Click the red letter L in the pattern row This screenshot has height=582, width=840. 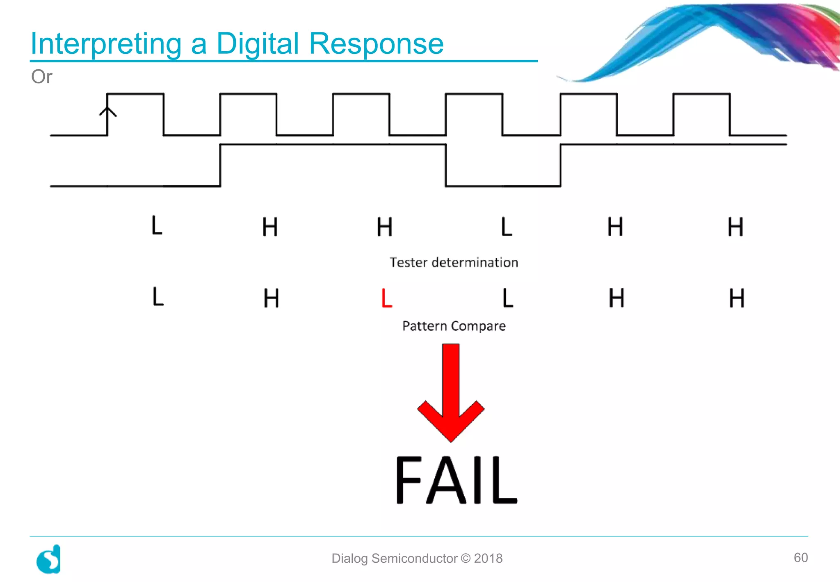click(x=386, y=298)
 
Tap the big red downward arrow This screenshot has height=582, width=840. click(x=451, y=394)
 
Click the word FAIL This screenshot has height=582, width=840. click(x=456, y=480)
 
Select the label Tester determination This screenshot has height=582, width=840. click(x=454, y=262)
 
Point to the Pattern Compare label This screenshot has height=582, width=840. click(x=454, y=326)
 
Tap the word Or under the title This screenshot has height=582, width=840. click(x=42, y=77)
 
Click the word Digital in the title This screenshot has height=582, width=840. click(x=258, y=44)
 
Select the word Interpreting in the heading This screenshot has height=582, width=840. click(x=106, y=44)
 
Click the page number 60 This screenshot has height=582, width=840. click(x=800, y=557)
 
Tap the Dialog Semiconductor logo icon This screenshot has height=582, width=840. click(x=49, y=559)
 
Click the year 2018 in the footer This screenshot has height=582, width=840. click(x=488, y=558)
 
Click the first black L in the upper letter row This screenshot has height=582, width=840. click(x=157, y=225)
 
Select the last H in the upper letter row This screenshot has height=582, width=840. click(x=735, y=227)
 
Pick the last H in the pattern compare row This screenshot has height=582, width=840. click(x=736, y=298)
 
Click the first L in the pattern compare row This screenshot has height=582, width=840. click(x=158, y=297)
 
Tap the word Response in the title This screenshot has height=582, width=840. click(x=376, y=44)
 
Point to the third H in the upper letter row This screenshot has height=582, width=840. click(x=615, y=227)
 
